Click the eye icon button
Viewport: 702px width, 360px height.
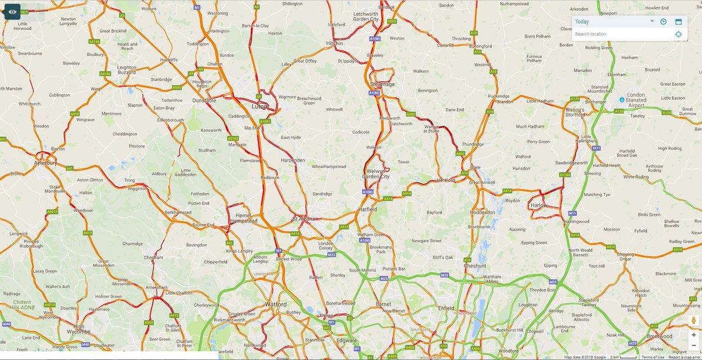[12, 12]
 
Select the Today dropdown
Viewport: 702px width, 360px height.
[614, 22]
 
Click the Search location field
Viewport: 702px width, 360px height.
[620, 34]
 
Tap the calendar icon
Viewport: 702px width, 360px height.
[679, 22]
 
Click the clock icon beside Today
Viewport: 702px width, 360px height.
[663, 22]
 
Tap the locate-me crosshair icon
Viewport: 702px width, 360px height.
[679, 34]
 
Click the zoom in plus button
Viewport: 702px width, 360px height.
[694, 335]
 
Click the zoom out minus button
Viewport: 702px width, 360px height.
[694, 345]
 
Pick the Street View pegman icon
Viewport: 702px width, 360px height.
[694, 321]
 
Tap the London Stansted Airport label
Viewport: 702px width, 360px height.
[635, 100]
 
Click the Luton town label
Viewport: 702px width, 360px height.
[259, 107]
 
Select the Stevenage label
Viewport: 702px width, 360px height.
[383, 84]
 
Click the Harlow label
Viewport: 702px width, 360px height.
[538, 205]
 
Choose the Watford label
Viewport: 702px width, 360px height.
[276, 304]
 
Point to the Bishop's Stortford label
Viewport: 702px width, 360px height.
[579, 112]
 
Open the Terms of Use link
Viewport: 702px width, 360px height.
[652, 357]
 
